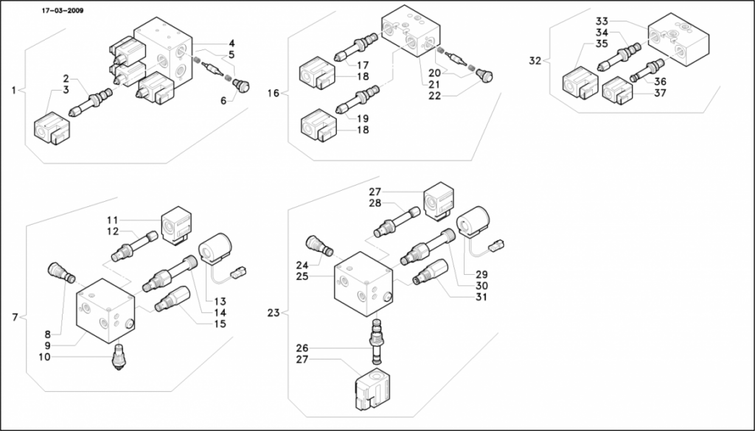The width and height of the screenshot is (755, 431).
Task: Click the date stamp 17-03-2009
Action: (x=63, y=10)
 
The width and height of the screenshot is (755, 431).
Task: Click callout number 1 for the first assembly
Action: (x=13, y=90)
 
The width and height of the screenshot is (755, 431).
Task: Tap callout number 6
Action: (x=223, y=100)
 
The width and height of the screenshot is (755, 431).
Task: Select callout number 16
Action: (x=273, y=93)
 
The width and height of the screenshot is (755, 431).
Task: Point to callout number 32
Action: (x=535, y=60)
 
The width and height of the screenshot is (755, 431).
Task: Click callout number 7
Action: (x=15, y=318)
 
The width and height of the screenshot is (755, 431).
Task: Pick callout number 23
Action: (x=273, y=313)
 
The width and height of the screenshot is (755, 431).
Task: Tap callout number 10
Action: (x=44, y=357)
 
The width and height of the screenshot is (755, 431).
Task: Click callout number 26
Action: (x=302, y=348)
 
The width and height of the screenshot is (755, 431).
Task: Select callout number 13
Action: (x=220, y=301)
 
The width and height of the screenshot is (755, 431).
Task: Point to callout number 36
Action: (x=660, y=82)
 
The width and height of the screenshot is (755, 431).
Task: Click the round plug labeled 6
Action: (x=241, y=86)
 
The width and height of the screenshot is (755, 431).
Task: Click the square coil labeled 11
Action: (x=176, y=226)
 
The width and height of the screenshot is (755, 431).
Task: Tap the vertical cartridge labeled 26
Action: (x=376, y=341)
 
